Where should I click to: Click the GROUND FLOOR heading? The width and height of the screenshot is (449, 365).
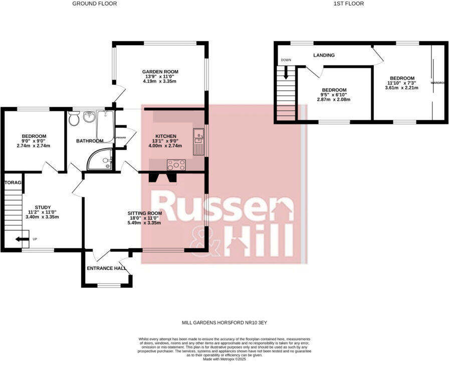coord(94,4)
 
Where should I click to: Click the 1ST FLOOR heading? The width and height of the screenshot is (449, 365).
coord(348,4)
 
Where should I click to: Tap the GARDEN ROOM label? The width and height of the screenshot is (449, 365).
coord(160,72)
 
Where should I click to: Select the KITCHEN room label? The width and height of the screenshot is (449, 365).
coord(166,136)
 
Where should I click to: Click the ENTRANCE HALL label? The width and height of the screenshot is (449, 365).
coord(106,268)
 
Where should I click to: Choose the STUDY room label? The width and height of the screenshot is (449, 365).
coord(43,207)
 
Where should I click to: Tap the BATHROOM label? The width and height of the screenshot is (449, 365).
coord(90,141)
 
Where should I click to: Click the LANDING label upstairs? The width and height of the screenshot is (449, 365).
coord(324,55)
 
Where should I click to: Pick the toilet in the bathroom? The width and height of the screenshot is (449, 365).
coord(74,118)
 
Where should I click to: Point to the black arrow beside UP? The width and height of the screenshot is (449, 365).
coord(22,239)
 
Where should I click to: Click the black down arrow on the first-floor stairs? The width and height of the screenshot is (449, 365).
coord(286,73)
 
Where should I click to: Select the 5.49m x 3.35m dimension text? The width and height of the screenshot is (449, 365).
coord(144,223)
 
